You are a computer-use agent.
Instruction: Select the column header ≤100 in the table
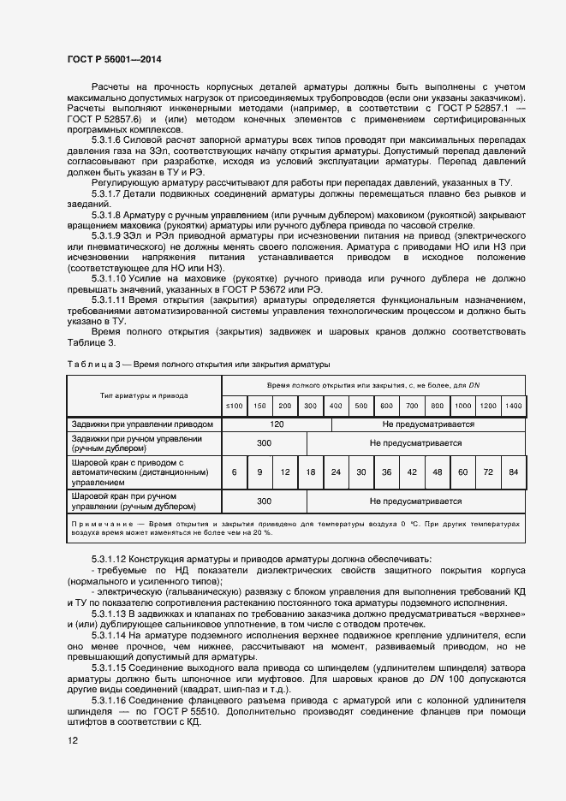(x=234, y=405)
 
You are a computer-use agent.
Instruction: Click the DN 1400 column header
(x=513, y=405)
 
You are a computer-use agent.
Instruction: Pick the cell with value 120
(x=277, y=424)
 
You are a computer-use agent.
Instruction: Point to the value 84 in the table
(x=513, y=472)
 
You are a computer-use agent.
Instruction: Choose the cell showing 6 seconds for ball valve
(x=234, y=472)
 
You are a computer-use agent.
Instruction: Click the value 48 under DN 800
(x=437, y=472)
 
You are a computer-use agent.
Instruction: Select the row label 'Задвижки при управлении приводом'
(x=141, y=424)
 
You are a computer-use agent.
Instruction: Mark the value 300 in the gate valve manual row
(x=264, y=442)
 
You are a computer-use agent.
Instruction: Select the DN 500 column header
(x=360, y=405)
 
